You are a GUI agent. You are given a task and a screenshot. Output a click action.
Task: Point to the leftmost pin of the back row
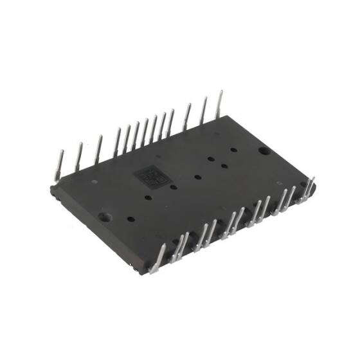[x=58, y=165]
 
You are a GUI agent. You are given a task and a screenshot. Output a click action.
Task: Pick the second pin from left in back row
[x=79, y=156]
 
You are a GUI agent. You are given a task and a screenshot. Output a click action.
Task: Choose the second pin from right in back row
[x=204, y=111]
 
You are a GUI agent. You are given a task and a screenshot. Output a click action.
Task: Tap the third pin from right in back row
[x=187, y=117]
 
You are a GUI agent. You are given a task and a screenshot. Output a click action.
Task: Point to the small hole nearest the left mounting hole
[x=130, y=219]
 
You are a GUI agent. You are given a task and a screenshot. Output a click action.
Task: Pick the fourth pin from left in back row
[x=117, y=141]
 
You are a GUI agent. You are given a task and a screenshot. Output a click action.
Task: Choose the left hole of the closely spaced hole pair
[x=211, y=157]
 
